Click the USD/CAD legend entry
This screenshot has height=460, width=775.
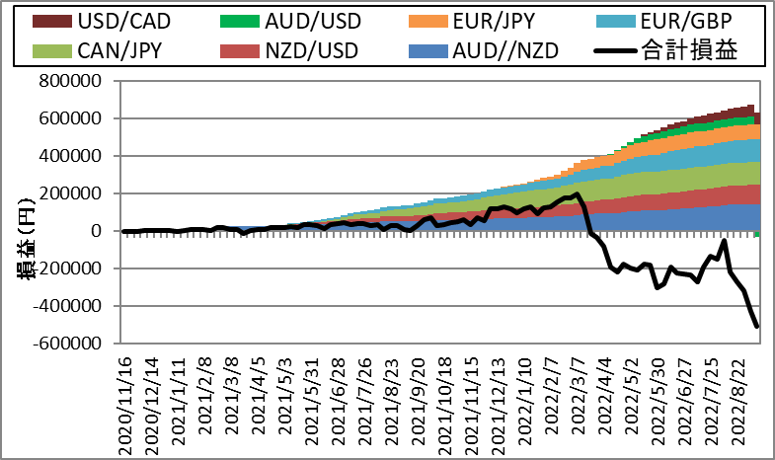(102, 22)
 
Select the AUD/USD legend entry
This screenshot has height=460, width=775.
(290, 22)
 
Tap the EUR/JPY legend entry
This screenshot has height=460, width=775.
(472, 22)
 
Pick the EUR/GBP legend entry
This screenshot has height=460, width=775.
(664, 22)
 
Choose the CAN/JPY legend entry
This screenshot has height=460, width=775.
(98, 51)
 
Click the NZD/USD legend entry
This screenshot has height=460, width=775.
(289, 51)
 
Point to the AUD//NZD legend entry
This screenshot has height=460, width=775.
(484, 51)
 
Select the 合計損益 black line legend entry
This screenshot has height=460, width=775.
(666, 50)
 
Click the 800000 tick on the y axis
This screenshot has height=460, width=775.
(70, 81)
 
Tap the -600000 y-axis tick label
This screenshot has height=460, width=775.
(67, 343)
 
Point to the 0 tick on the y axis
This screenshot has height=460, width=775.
(97, 231)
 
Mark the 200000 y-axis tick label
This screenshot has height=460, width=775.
(70, 193)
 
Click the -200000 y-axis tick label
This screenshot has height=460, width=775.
(67, 268)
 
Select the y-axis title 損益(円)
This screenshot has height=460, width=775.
(28, 239)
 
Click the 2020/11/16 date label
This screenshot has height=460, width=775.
(125, 406)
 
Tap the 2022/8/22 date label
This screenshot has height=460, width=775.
(738, 401)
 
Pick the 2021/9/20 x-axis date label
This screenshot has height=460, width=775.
(419, 401)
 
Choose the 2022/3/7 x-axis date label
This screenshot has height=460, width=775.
(579, 396)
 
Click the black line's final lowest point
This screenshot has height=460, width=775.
(757, 327)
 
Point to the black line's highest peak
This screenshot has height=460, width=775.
(577, 193)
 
